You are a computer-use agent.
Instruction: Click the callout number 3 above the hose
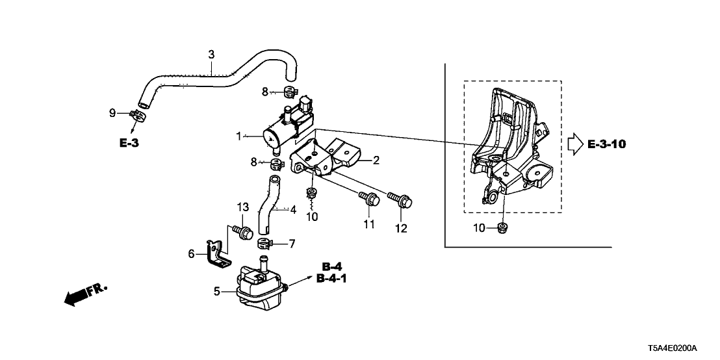pos(211,54)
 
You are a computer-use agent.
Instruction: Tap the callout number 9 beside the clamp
pos(112,113)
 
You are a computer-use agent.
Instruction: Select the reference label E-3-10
pos(607,144)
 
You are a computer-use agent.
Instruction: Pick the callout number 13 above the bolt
pos(243,207)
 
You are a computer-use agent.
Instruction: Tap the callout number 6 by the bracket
pos(191,253)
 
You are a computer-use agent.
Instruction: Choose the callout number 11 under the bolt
pos(369,224)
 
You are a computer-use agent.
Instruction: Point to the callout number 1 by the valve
pos(238,136)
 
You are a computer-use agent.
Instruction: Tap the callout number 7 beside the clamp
pos(292,244)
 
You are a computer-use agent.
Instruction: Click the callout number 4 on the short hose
pos(292,210)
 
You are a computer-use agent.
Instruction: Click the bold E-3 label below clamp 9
pos(130,143)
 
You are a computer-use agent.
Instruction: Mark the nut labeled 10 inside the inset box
pos(502,227)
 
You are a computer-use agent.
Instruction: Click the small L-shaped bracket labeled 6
pos(218,255)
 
